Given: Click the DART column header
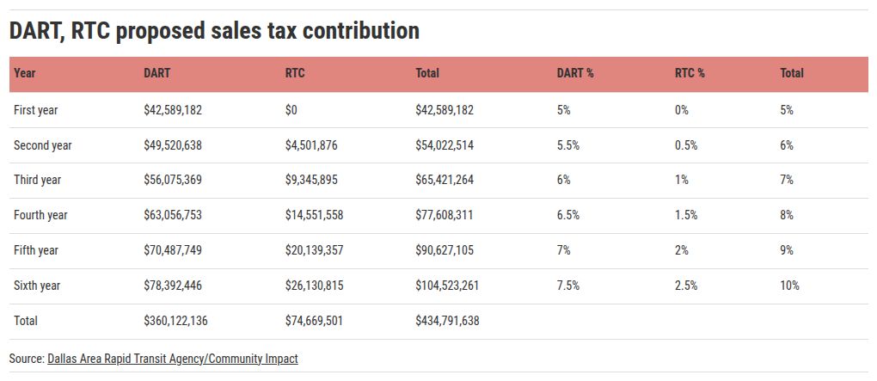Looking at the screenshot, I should pos(156,73).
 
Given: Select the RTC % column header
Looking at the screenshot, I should pos(690,73).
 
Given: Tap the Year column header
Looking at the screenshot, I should pos(24,73).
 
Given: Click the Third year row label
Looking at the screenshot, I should pos(39,180).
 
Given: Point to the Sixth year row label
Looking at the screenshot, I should pos(39,285).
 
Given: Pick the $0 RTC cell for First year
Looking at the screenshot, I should pos(292,110).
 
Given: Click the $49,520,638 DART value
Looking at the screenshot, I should pos(173,145).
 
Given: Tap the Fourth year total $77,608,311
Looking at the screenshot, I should pos(445,215).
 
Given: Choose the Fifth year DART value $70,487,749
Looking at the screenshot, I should pos(173,250).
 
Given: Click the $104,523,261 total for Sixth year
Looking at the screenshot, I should pos(447,285).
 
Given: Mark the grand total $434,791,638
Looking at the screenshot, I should pos(447,320).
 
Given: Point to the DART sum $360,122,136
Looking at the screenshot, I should pos(175,320).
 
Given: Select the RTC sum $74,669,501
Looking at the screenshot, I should pos(314,320).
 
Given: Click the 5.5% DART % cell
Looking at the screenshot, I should pos(568,145).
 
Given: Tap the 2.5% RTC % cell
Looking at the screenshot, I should pos(686,285).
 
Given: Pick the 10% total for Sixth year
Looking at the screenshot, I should pos(789,285).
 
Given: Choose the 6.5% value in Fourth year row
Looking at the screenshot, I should pos(568,215).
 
